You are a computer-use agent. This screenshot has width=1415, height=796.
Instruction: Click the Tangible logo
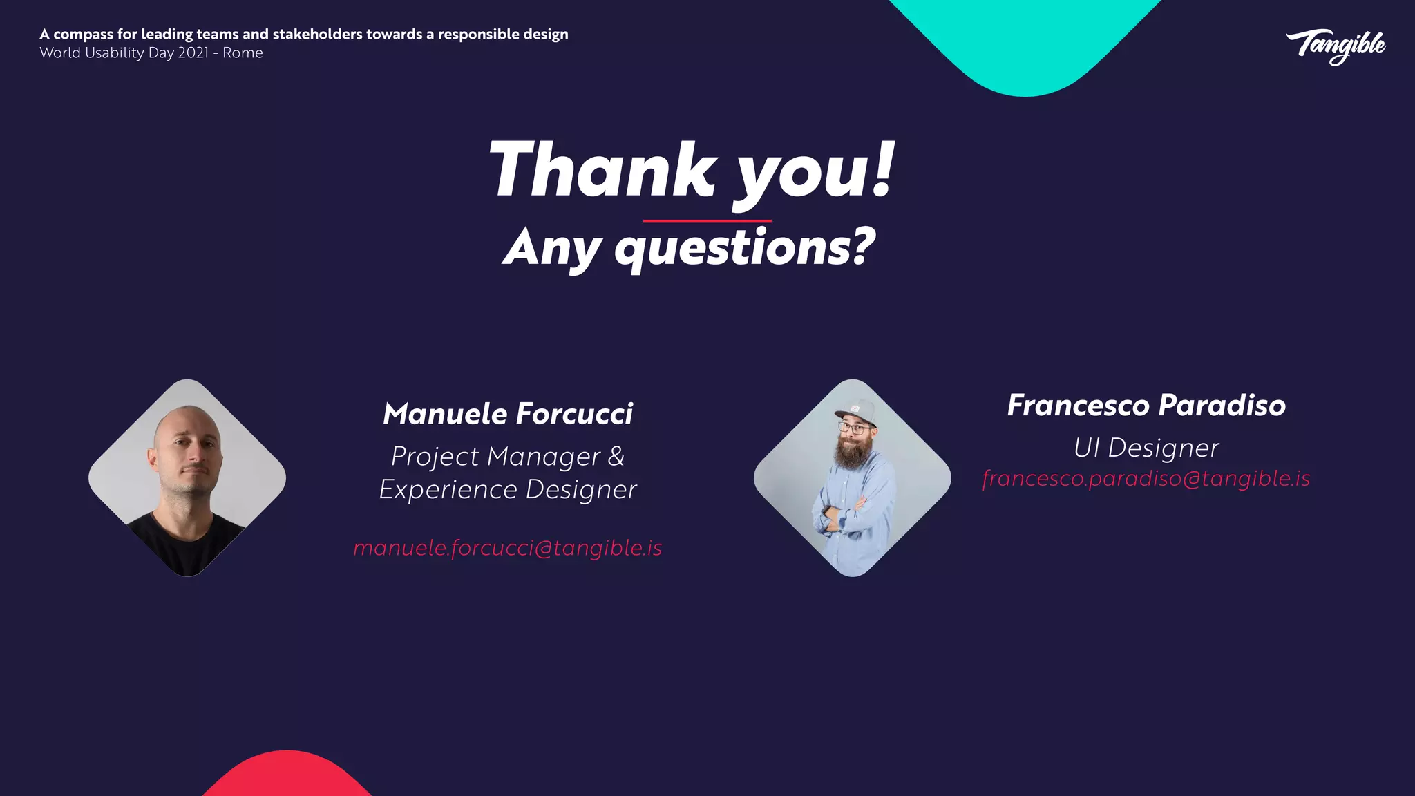(x=1336, y=46)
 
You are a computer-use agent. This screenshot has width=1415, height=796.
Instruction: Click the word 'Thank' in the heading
(x=602, y=170)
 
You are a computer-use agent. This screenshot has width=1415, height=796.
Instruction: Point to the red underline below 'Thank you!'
(x=706, y=221)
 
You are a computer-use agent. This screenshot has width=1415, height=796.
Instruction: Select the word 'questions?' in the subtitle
(x=745, y=247)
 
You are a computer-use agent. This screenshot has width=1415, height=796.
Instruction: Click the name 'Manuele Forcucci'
(x=508, y=414)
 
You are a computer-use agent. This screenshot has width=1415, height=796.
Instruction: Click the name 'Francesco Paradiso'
(x=1146, y=406)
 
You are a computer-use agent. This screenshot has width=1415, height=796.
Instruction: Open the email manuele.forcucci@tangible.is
(x=508, y=548)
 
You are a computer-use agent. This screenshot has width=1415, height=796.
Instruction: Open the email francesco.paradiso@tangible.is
(x=1146, y=478)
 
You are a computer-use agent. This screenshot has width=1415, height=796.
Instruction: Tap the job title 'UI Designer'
(x=1146, y=448)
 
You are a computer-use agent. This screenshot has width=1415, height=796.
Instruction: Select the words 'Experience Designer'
(x=508, y=489)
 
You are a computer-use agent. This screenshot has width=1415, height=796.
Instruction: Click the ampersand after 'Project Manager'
(x=616, y=456)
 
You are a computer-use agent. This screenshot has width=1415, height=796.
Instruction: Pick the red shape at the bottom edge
(x=287, y=777)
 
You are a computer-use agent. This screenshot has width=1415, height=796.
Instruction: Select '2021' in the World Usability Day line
(x=193, y=53)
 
